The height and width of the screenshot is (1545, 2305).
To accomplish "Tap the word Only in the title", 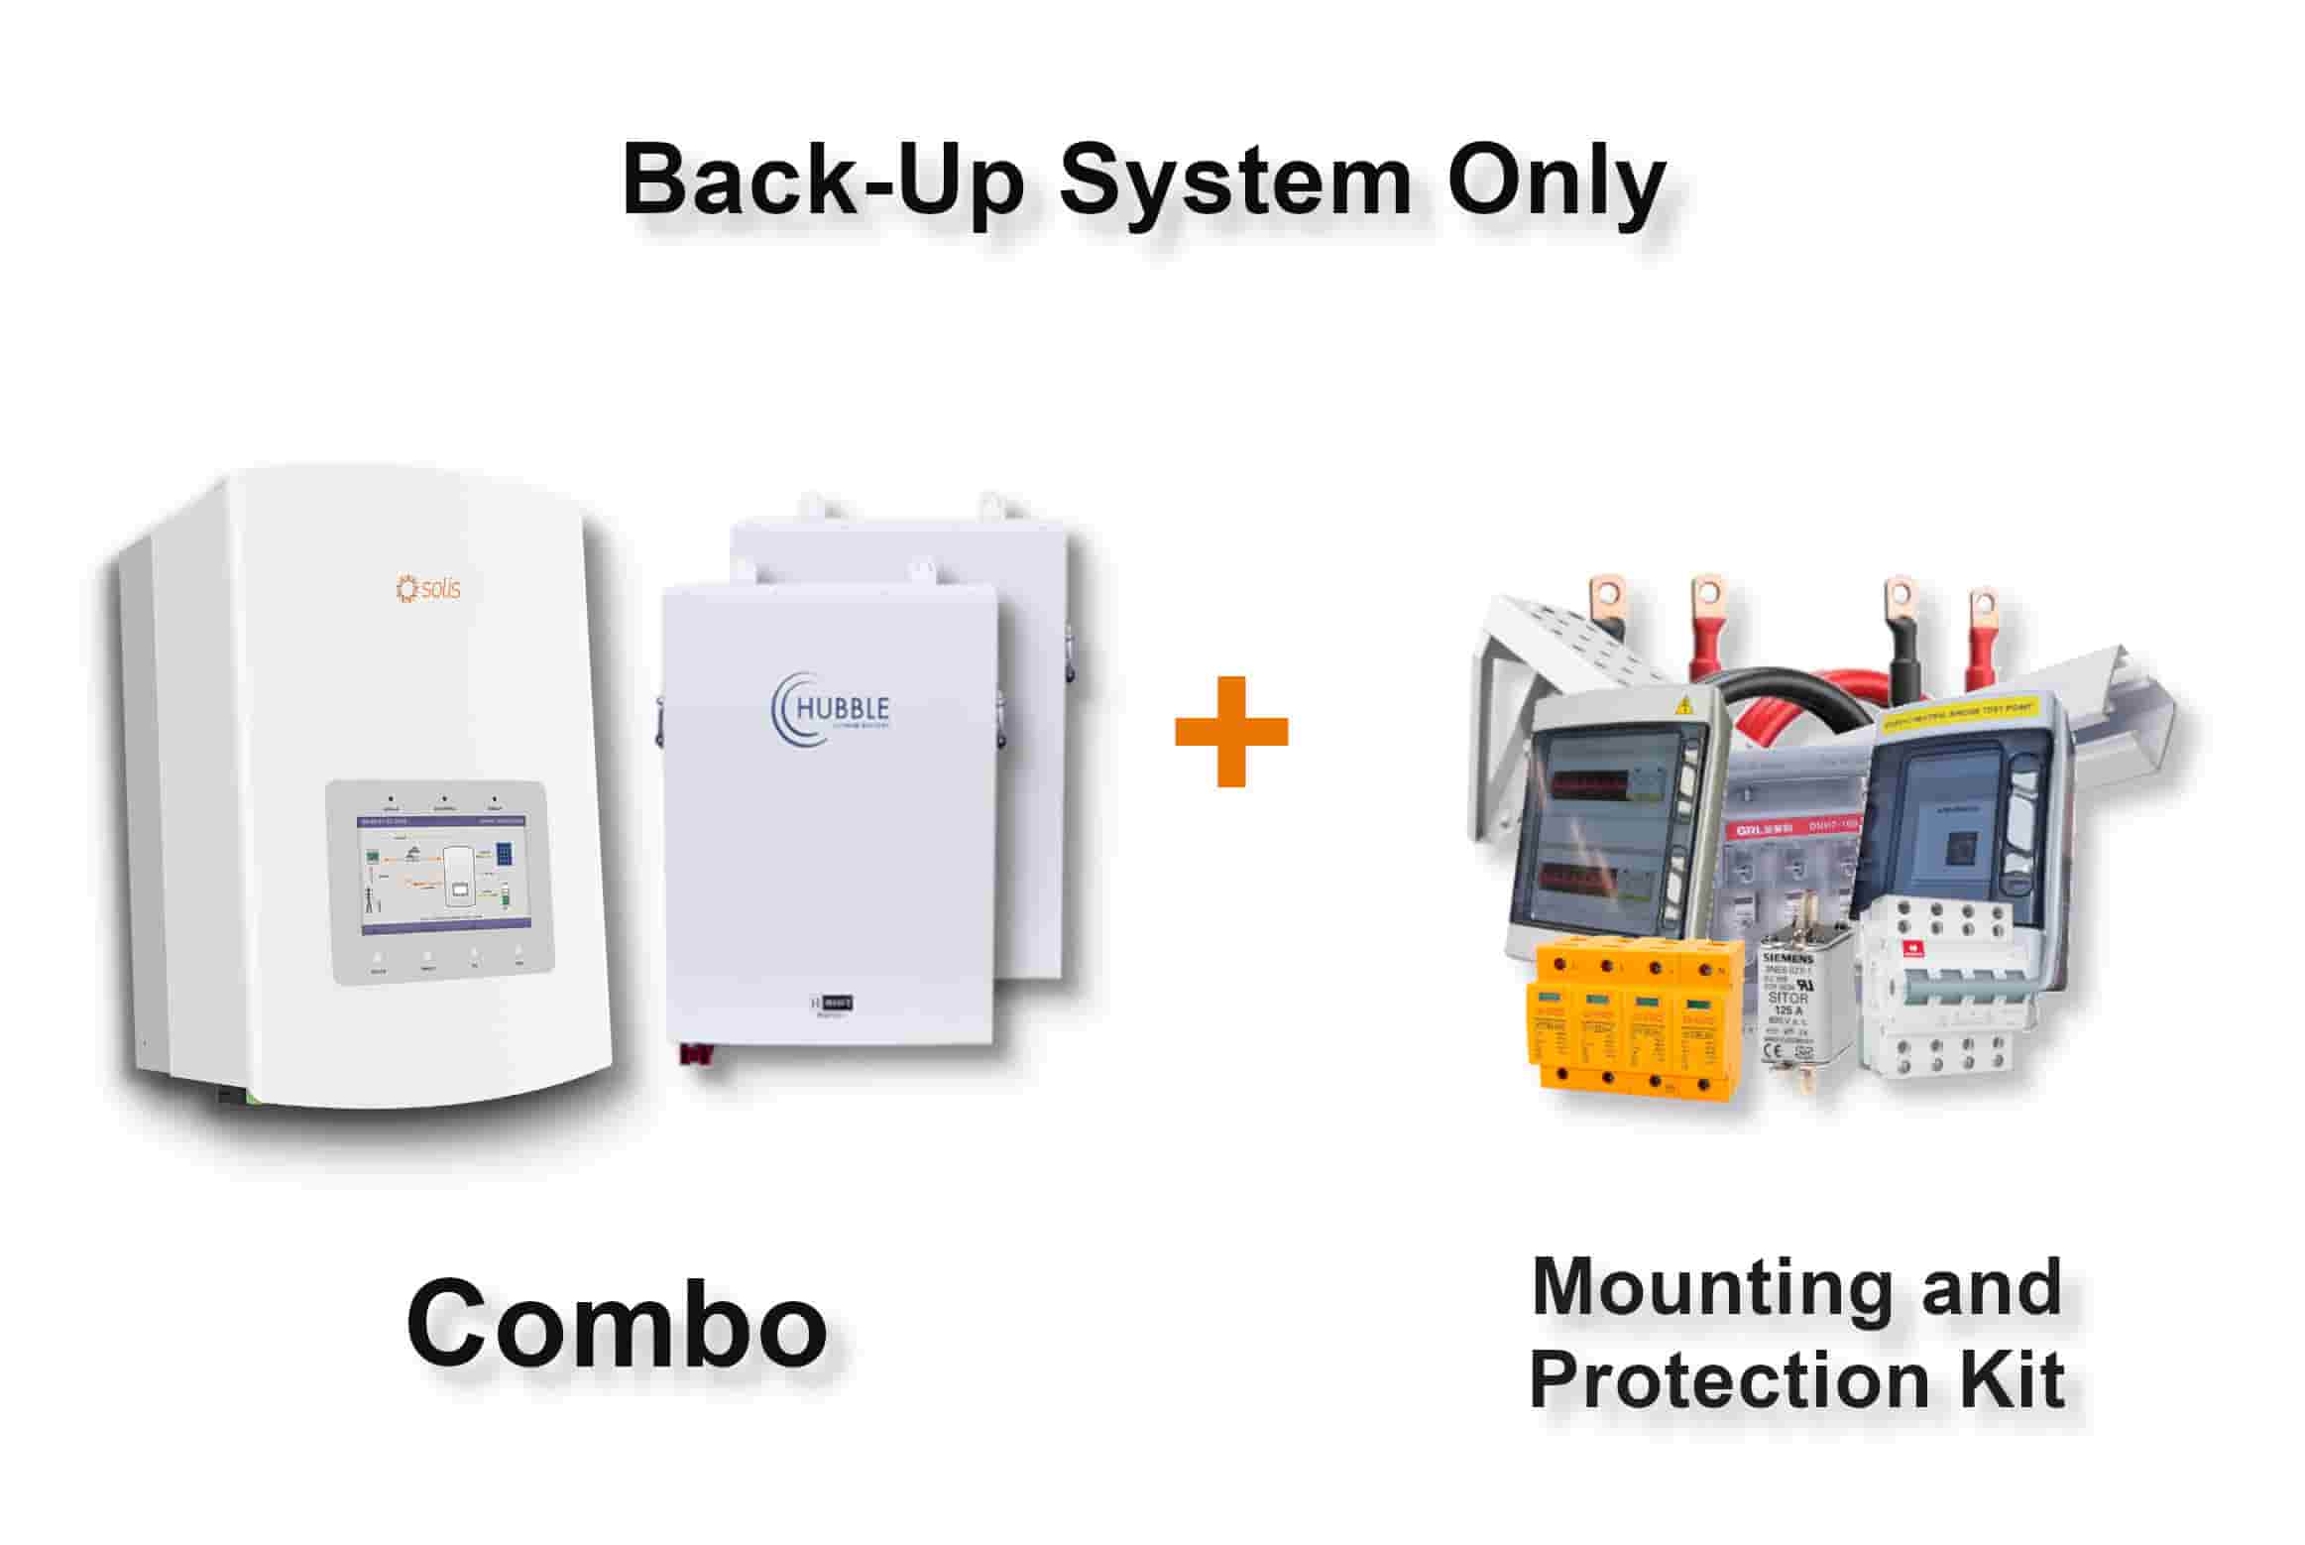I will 1555,183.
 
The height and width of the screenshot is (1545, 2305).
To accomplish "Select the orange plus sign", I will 1230,732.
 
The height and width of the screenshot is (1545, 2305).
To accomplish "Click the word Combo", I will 617,1324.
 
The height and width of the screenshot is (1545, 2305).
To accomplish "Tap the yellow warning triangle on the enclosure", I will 1682,708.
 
